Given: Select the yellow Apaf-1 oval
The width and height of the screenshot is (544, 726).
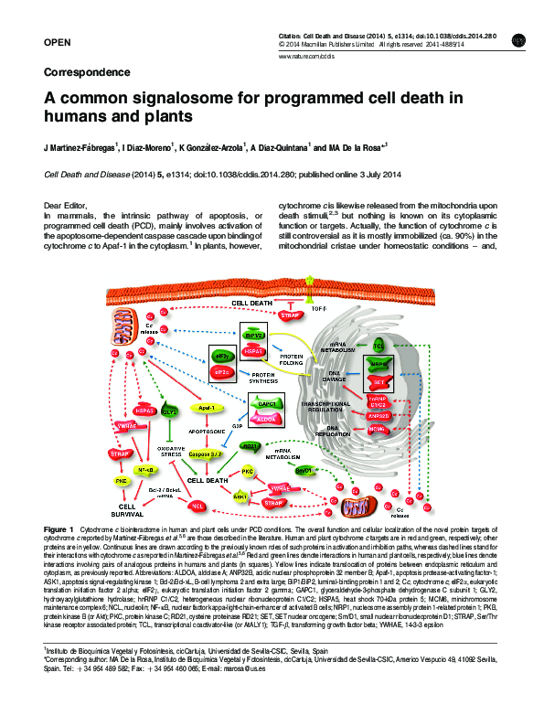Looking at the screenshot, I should click(x=206, y=407).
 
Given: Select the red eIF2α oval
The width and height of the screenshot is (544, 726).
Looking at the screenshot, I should click(x=221, y=373).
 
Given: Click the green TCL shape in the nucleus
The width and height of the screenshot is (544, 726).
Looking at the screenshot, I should click(x=379, y=347).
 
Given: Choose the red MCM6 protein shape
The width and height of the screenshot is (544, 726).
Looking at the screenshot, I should click(x=377, y=428).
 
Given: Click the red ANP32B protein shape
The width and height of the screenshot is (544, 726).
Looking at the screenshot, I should click(x=378, y=414).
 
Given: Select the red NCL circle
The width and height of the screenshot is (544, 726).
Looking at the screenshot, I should click(x=196, y=505).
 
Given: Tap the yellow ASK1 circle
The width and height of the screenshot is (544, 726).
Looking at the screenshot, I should click(x=240, y=496).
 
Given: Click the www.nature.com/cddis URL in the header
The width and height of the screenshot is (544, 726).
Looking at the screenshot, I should click(x=302, y=56).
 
